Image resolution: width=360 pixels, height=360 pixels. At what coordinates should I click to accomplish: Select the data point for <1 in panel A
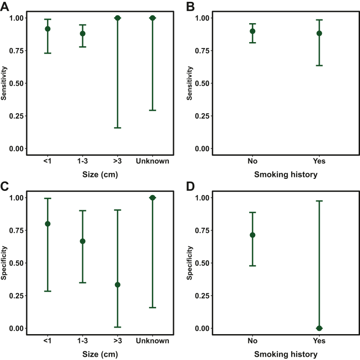tap(47, 29)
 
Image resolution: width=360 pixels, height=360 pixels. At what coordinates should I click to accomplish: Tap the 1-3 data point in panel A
tap(83, 33)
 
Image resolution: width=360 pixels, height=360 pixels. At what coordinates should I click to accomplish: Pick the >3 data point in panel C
tap(118, 285)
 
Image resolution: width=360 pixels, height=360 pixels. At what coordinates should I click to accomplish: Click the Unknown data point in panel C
tap(153, 198)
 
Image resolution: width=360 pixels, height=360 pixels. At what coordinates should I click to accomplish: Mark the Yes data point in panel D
tap(319, 328)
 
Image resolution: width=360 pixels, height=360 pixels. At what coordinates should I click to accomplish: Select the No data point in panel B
tap(252, 31)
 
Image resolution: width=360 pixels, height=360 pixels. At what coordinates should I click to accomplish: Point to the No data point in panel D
tap(252, 235)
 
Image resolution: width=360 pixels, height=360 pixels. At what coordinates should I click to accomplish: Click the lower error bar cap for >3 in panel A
tap(118, 128)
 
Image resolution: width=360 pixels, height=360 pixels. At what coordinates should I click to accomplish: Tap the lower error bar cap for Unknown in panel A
tap(153, 110)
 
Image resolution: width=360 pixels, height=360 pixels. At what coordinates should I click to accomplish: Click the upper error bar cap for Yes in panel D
tap(319, 201)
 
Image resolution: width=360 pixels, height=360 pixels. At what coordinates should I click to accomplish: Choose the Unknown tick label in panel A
tap(153, 161)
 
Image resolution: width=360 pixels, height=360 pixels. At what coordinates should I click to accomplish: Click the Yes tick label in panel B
tap(319, 161)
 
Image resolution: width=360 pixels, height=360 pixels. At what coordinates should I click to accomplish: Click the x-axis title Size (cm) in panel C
tap(100, 354)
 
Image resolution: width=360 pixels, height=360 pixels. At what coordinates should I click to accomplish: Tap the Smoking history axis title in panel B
tap(286, 174)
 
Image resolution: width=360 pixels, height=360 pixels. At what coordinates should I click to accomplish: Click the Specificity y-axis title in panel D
tap(189, 263)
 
